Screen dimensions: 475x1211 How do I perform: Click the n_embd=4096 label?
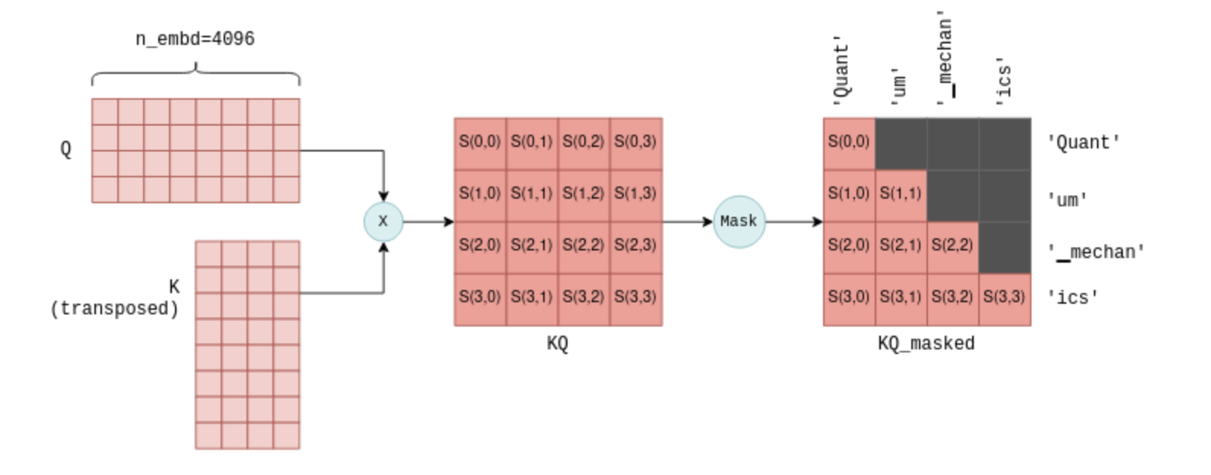(x=195, y=39)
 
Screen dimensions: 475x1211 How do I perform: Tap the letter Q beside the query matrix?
(x=66, y=148)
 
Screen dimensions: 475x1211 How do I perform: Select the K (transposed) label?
(x=115, y=298)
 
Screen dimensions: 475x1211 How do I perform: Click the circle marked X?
(x=383, y=222)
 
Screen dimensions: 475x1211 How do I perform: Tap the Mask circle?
(x=739, y=222)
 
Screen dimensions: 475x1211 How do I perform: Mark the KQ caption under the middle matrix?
(x=558, y=343)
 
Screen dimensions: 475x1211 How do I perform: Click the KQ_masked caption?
(x=926, y=343)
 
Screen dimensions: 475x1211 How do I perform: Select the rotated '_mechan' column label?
(x=946, y=58)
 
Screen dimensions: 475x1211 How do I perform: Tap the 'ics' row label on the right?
(x=1073, y=297)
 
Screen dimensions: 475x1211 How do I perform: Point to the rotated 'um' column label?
(x=898, y=84)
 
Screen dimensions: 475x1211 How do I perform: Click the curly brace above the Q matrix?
(x=195, y=74)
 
